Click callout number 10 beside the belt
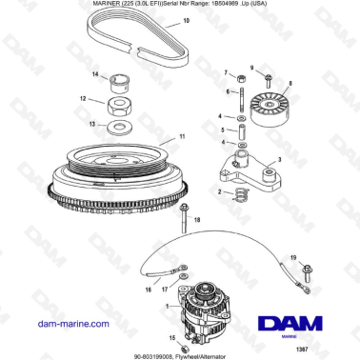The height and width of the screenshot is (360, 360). (x=186, y=20)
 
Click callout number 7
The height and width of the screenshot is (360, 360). (x=226, y=73)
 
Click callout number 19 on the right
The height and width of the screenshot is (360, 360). (x=292, y=257)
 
